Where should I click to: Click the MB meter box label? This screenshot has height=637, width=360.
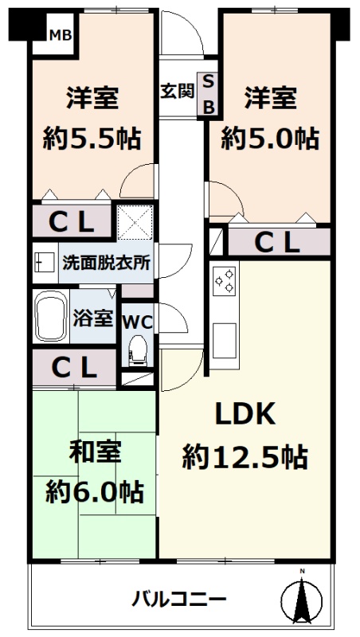61,35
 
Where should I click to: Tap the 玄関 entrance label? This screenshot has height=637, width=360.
176,91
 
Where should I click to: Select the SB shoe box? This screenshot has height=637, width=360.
208,95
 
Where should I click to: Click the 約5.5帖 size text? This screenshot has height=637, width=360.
92,138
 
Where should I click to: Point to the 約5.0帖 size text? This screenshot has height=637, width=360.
269,138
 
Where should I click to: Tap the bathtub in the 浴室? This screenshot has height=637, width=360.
51,316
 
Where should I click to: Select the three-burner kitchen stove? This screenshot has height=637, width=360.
225,279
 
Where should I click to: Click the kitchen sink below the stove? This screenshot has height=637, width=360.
225,341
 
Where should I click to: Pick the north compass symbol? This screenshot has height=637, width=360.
302,596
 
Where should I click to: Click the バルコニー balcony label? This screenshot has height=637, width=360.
179,600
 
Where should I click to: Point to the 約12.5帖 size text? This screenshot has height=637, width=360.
245,457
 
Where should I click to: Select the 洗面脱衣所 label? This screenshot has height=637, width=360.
107,264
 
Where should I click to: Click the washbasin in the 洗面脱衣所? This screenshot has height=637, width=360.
45,264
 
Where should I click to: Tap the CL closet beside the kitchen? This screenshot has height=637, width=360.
279,243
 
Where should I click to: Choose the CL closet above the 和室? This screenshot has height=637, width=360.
74,368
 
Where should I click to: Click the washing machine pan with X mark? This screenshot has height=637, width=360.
135,222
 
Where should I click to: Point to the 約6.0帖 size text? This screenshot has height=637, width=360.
94,491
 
